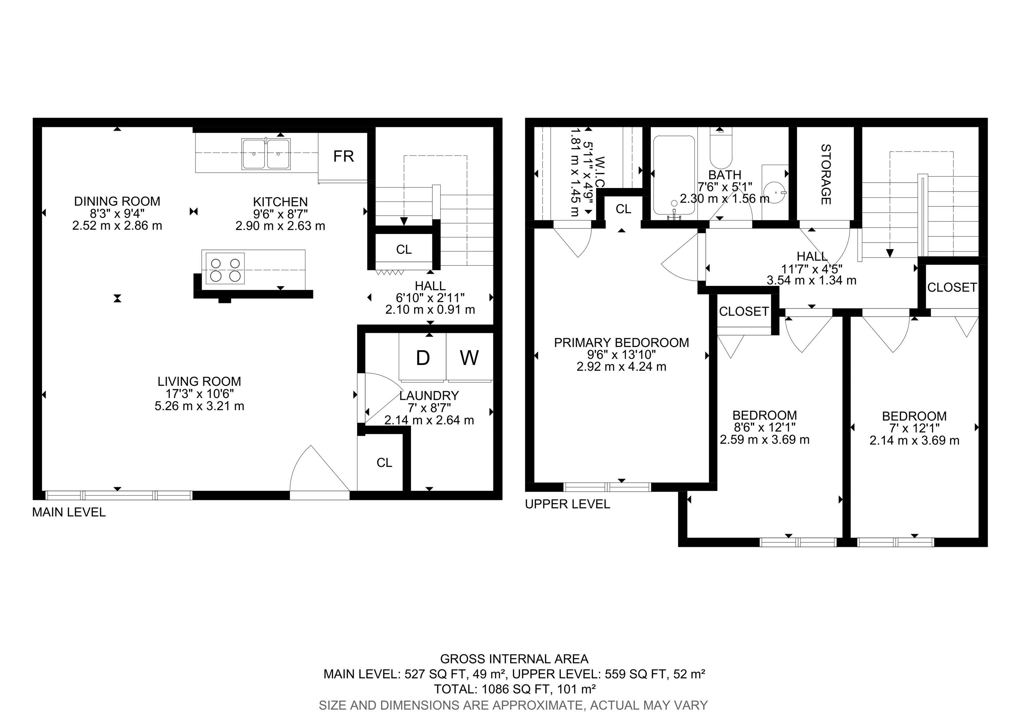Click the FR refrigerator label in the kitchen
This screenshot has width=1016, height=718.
pos(343,156)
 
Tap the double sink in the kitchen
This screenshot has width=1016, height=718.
pos(266,154)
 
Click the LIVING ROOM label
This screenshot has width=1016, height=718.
pos(199,381)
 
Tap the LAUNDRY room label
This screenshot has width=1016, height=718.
pos(429,395)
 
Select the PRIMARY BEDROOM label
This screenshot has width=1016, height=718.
pos(621,342)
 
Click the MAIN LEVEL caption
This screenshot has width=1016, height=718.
pos(69,512)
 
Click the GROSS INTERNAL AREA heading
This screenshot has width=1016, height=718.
pos(514,659)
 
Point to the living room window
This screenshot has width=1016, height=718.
pos(119,495)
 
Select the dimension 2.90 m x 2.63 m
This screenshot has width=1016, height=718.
pos(280,226)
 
